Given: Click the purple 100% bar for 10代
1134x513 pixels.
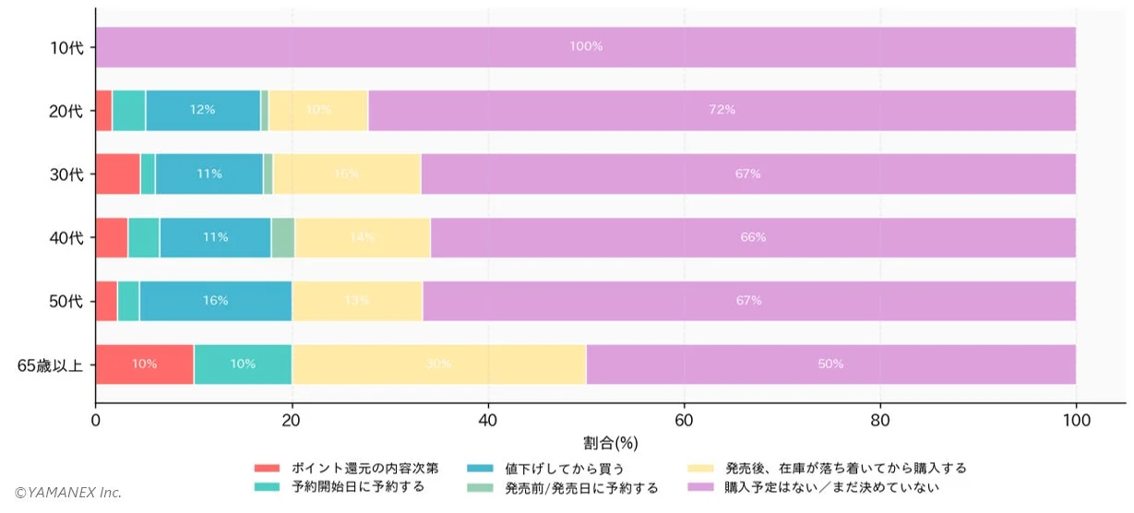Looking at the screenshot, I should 585,47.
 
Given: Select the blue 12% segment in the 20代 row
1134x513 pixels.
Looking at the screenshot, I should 203,110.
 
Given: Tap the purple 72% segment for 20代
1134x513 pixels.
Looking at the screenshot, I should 722,110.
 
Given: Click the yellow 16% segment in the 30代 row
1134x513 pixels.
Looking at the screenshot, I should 347,173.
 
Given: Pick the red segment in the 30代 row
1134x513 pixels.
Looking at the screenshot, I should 117,173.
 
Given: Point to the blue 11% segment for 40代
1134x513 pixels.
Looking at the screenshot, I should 215,237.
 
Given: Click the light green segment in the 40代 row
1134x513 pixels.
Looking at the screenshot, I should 283,237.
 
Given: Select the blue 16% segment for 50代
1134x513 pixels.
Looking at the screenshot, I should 215,301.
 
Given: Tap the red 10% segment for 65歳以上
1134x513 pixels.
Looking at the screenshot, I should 144,364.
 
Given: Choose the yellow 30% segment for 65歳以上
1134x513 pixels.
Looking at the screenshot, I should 438,364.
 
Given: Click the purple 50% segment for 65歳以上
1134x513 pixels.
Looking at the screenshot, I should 830,364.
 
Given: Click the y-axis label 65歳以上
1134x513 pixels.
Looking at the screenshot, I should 50,365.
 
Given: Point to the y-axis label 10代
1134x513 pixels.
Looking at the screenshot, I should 66,47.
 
